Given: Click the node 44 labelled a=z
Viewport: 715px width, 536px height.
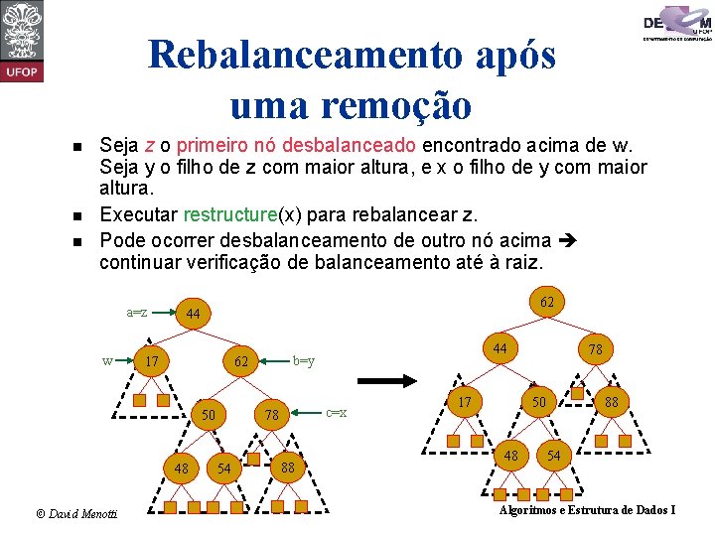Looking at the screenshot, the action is pyautogui.click(x=194, y=315).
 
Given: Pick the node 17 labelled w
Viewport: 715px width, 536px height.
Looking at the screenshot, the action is pyautogui.click(x=151, y=361).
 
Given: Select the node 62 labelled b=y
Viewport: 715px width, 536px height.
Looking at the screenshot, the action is pyautogui.click(x=241, y=361).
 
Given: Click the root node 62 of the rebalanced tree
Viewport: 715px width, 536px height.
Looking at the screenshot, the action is pyautogui.click(x=546, y=300).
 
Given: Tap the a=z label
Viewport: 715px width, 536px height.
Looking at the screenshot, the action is pyautogui.click(x=136, y=312).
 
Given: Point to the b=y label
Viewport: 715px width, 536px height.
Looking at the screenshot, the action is pyautogui.click(x=304, y=360).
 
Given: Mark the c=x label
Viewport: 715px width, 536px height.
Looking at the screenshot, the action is pyautogui.click(x=337, y=412).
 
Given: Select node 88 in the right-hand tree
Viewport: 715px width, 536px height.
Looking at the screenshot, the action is pyautogui.click(x=613, y=402).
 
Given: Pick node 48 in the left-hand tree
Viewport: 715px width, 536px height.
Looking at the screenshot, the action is pyautogui.click(x=182, y=468).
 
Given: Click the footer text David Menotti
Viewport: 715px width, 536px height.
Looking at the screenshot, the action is pyautogui.click(x=76, y=513).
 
